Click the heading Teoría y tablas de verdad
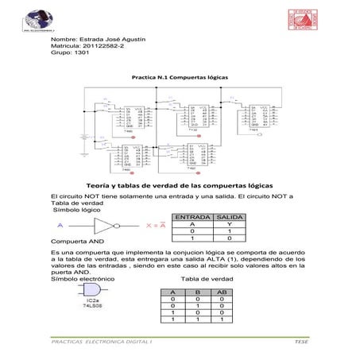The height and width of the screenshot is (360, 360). click(180, 184)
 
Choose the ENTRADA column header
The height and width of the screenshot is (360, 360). click(192, 217)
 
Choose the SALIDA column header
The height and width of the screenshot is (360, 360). click(230, 217)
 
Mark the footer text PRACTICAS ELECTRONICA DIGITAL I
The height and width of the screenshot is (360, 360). click(104, 340)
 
